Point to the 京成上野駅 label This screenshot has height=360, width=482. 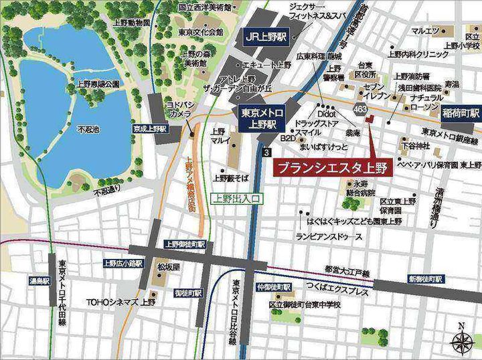point(149,128)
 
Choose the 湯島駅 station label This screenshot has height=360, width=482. point(39,281)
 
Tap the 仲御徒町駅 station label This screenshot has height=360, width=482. point(274,287)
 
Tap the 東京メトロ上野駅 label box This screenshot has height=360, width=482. point(259,117)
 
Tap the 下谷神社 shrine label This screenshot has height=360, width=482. point(415,145)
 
